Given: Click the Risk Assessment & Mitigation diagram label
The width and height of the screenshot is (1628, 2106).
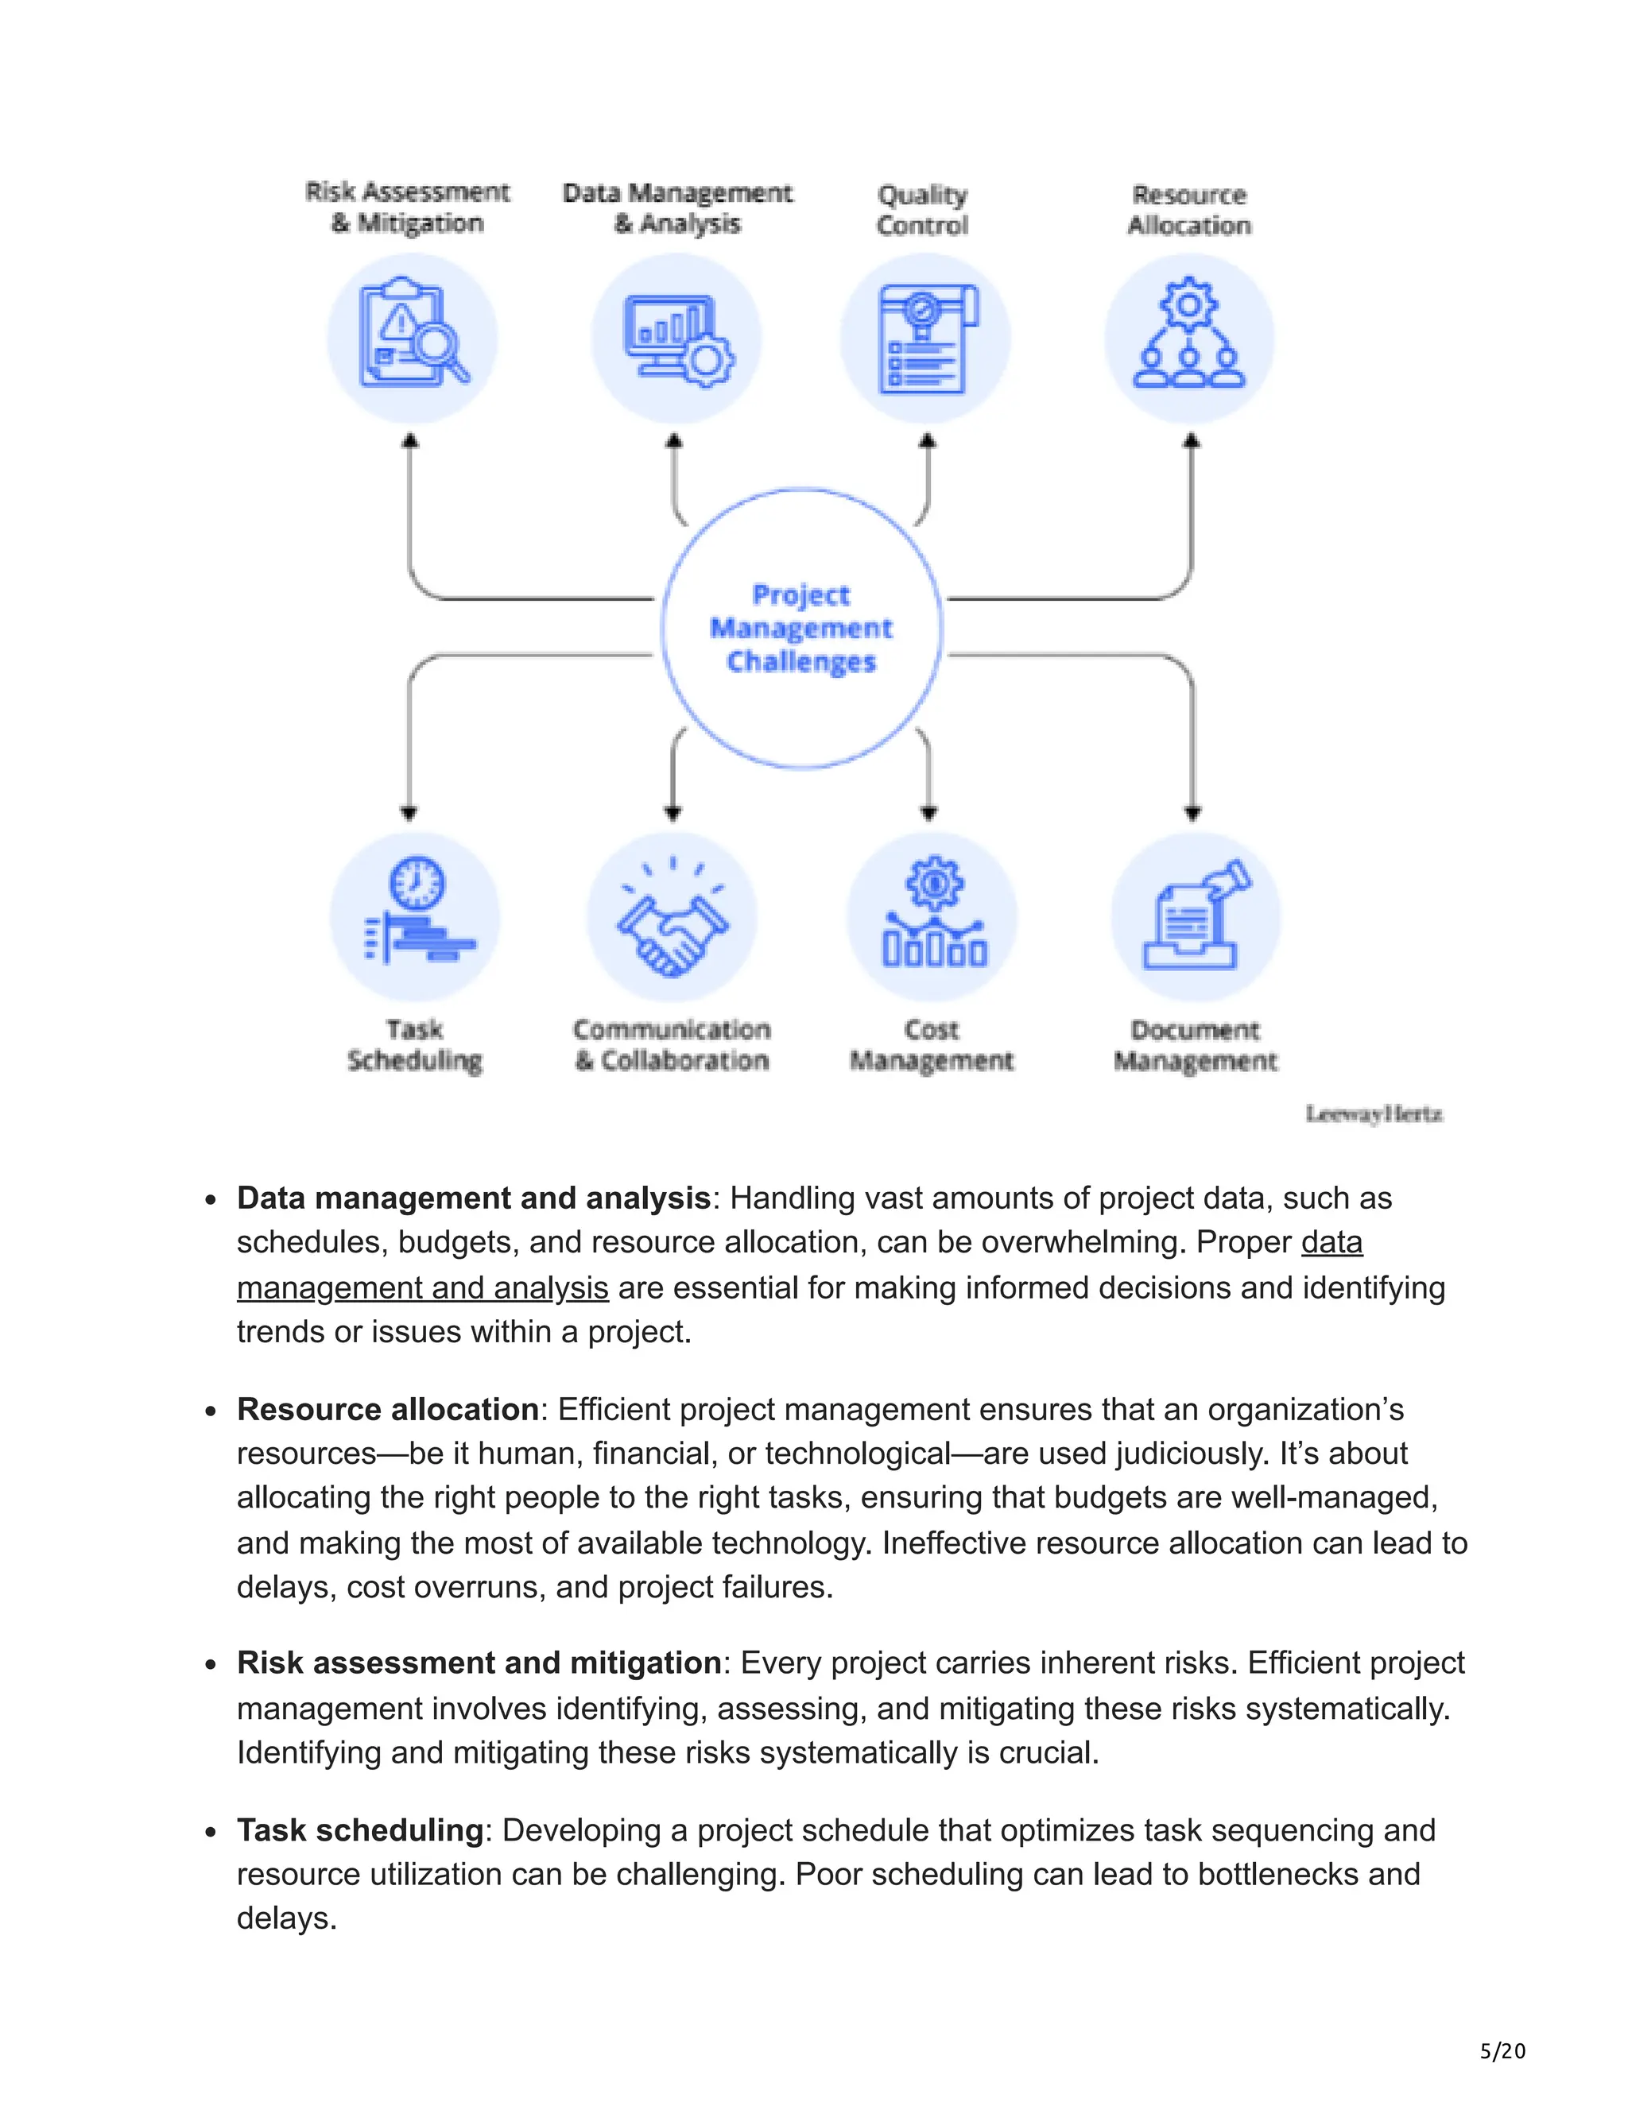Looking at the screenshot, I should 407,207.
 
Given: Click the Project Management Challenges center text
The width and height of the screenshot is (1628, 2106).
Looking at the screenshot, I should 800,628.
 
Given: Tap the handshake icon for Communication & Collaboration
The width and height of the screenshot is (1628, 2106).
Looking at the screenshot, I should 673,921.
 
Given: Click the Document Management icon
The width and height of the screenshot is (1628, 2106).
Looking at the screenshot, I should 1196,916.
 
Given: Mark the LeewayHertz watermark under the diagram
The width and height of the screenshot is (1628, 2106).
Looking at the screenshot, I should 1374,1115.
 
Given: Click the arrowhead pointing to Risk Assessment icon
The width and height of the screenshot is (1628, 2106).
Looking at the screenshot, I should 410,441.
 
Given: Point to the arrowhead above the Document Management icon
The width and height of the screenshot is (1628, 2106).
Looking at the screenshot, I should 1193,813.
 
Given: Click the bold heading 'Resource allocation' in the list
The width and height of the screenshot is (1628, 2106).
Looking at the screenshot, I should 388,1410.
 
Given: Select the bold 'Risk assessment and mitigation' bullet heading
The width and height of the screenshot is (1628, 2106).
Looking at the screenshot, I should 479,1663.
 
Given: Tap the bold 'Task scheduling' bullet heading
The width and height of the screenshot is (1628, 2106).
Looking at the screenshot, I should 360,1830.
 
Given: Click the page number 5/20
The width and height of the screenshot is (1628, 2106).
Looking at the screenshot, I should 1502,2051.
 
